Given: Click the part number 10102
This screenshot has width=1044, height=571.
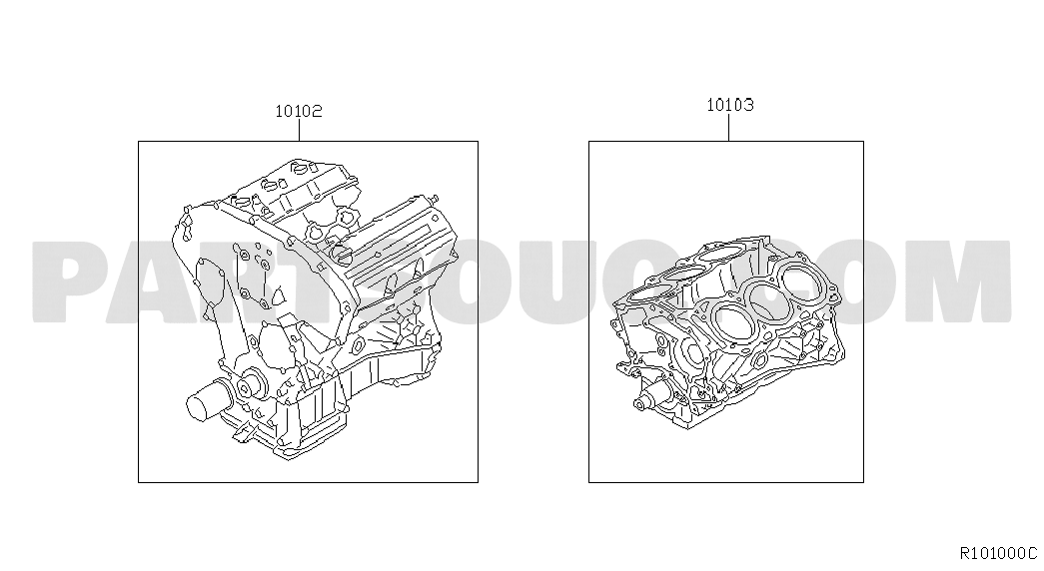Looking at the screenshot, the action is click(299, 111).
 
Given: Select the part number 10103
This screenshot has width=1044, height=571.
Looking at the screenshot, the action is click(729, 105).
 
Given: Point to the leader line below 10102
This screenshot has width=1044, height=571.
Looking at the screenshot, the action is click(299, 131).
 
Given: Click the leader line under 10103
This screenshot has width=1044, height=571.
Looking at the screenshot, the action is click(729, 127).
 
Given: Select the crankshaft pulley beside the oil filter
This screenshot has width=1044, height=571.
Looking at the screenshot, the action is click(250, 386).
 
